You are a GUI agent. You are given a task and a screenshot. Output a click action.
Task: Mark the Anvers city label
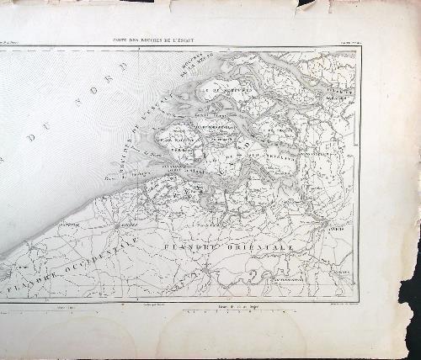point(338,226)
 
